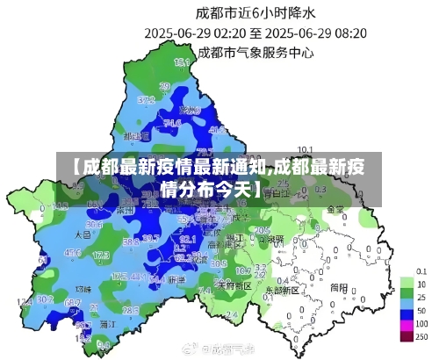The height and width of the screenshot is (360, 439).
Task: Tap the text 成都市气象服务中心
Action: pyautogui.click(x=255, y=52)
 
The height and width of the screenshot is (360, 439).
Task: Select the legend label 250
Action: pyautogui.click(x=422, y=337)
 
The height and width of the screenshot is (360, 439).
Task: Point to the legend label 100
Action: pyautogui.click(x=422, y=324)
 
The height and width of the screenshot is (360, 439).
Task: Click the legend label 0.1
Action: pyautogui.click(x=422, y=271)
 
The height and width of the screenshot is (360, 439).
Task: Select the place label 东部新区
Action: pyautogui.click(x=282, y=288)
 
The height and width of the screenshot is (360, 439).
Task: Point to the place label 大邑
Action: pyautogui.click(x=83, y=235)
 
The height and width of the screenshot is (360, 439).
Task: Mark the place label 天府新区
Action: pyautogui.click(x=234, y=286)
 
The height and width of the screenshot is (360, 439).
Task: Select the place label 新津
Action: pyautogui.click(x=176, y=279)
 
